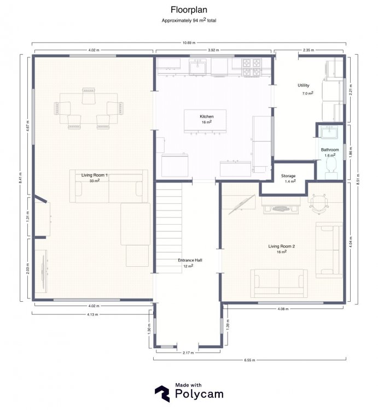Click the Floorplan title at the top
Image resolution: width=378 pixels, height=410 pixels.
189,10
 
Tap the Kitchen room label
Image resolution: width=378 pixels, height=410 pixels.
207,116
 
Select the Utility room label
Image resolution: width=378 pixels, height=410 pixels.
304,85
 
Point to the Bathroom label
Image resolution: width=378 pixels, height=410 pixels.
330,150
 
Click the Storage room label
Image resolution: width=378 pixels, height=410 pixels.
288,176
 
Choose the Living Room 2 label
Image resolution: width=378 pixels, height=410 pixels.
282,247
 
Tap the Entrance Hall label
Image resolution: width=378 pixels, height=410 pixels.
190,260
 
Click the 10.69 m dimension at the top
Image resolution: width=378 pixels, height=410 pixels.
189,43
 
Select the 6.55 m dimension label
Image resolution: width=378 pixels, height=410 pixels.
249,360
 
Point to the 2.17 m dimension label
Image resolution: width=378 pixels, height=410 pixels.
188,353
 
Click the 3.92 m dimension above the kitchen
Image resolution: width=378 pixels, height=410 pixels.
213,50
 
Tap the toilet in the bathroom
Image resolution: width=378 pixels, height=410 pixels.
332,168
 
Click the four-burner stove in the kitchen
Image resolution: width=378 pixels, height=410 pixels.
252,67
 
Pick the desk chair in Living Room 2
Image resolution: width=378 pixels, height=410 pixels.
319,204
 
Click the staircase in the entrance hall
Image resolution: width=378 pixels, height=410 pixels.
169,228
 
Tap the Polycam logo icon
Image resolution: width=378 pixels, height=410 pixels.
162,393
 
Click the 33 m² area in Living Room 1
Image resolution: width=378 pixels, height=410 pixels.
95,181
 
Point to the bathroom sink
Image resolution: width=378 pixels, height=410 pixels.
330,132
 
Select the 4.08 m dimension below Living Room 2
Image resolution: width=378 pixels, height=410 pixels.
283,309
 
